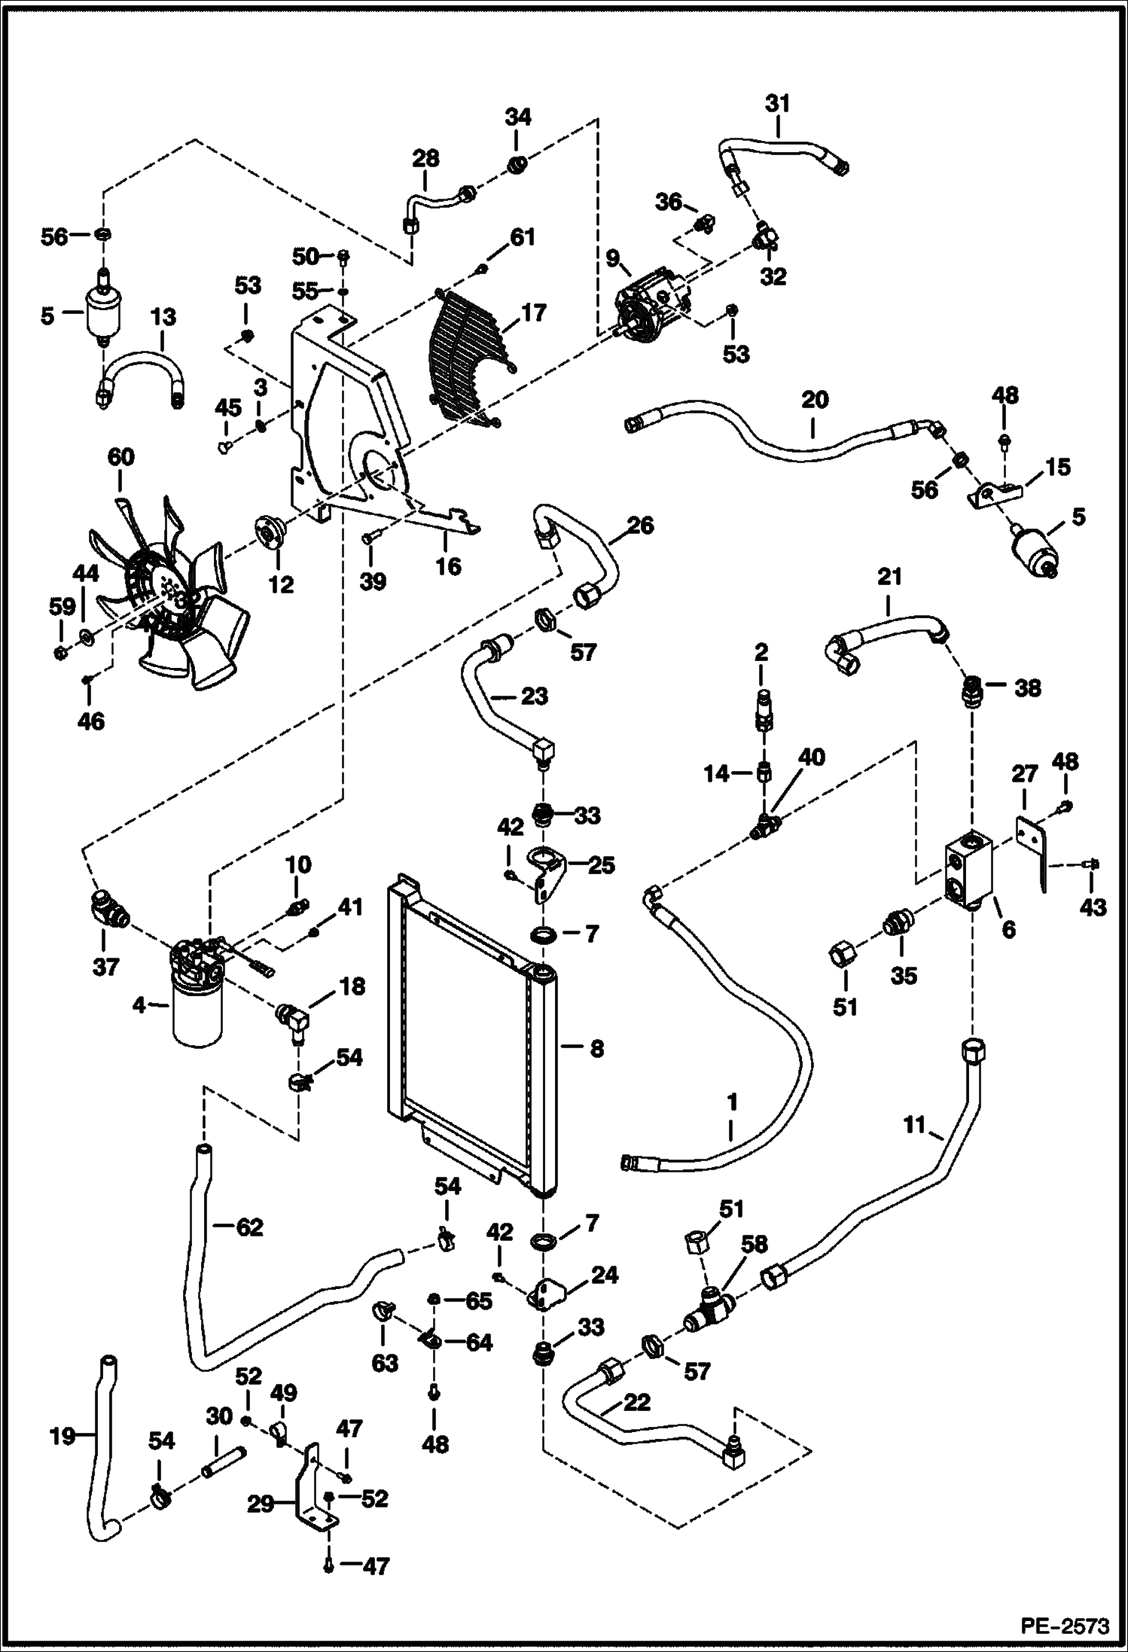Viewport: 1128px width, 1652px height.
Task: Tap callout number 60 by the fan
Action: (121, 457)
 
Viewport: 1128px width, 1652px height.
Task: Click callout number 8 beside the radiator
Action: (596, 1048)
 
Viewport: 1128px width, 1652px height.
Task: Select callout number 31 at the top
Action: (778, 104)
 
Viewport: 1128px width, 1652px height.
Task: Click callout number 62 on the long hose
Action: (250, 1227)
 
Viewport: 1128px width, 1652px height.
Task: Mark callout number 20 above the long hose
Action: (815, 399)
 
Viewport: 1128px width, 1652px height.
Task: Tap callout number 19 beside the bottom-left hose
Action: (62, 1437)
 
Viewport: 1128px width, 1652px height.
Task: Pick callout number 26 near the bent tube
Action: (640, 525)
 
